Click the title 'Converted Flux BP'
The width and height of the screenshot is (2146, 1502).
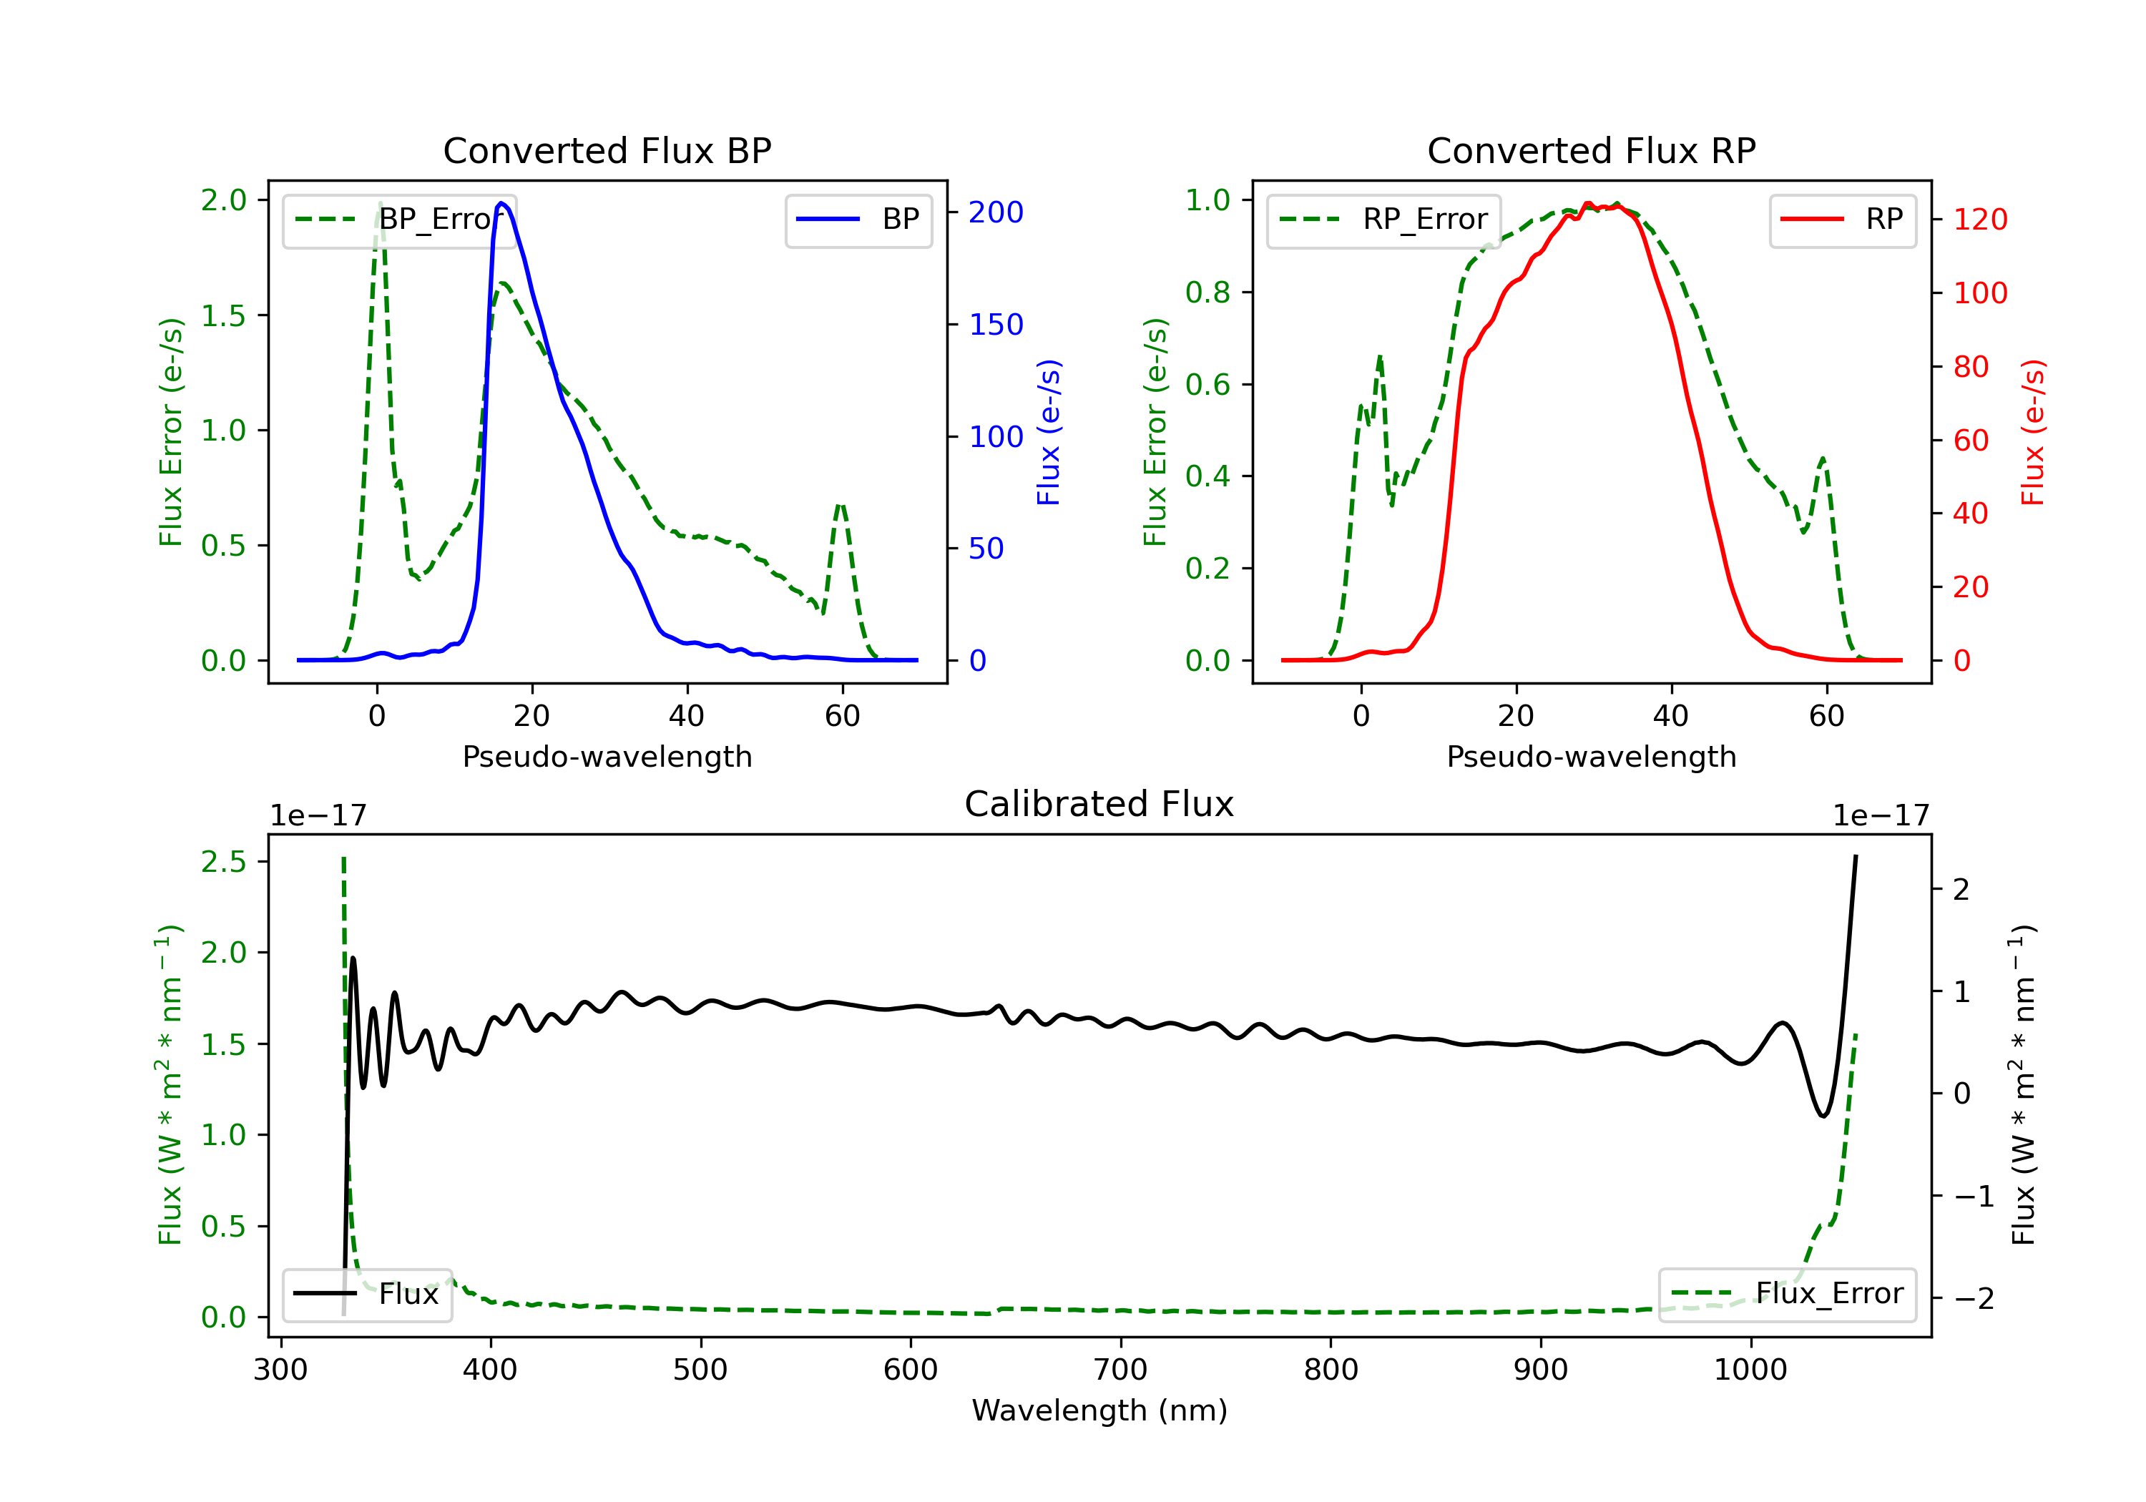tap(607, 150)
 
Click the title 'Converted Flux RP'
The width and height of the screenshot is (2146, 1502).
tap(1591, 150)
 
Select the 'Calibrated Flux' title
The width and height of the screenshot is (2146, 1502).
tap(1099, 804)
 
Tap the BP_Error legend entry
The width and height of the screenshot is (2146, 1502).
tap(399, 220)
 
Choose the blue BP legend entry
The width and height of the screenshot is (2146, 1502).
tap(858, 220)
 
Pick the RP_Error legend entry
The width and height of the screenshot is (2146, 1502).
tap(1383, 220)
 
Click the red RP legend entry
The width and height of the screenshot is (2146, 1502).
tap(1841, 220)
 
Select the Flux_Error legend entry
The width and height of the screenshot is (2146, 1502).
tap(1787, 1294)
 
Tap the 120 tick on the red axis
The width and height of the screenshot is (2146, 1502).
tap(1979, 220)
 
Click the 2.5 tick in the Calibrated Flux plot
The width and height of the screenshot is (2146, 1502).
tap(225, 862)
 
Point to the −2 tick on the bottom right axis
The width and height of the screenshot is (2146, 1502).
tap(1973, 1298)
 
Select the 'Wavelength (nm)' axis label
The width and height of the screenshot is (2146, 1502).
tap(1099, 1410)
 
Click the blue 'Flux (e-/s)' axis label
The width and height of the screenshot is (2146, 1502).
tap(1049, 433)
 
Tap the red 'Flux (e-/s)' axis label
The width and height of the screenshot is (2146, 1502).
tap(2033, 433)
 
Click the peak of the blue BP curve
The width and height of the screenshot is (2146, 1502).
tap(502, 203)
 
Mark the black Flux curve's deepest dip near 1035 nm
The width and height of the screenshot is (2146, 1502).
tap(1823, 1116)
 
